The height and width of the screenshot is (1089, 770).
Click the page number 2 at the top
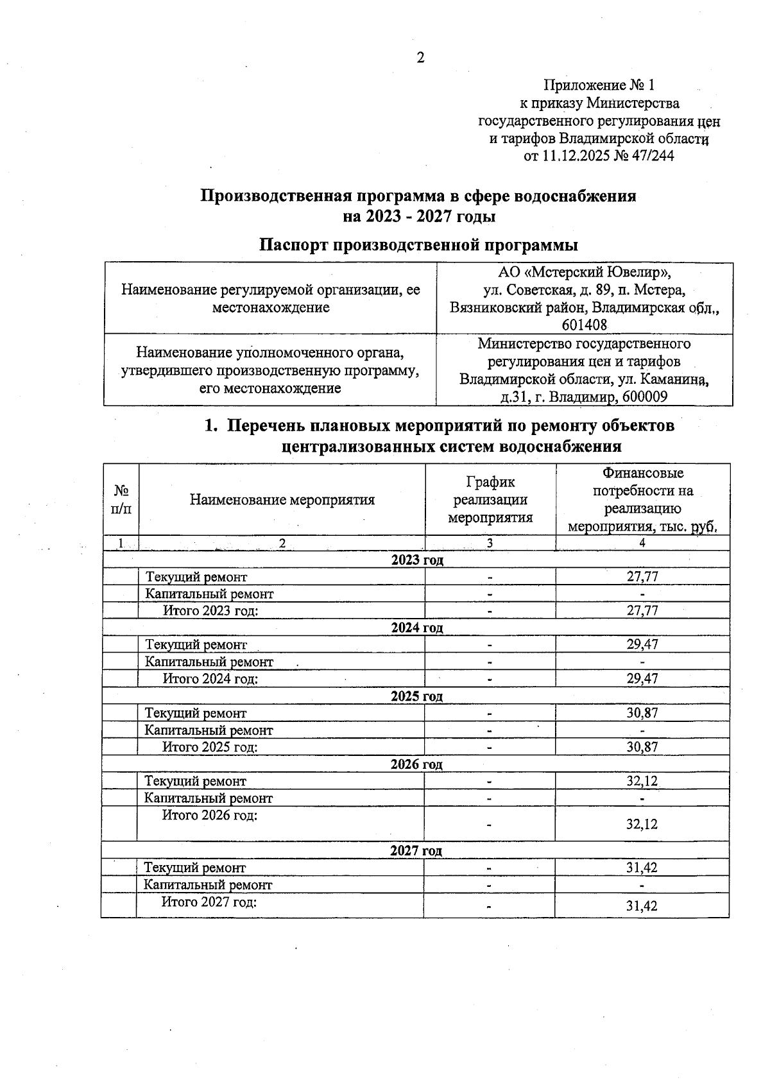(x=420, y=58)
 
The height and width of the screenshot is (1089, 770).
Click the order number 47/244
(x=654, y=156)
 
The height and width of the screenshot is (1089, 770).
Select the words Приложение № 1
(x=599, y=85)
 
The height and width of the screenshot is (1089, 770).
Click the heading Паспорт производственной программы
(x=419, y=245)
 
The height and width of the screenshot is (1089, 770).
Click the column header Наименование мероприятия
(x=282, y=500)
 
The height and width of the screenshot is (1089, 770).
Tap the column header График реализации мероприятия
(x=490, y=500)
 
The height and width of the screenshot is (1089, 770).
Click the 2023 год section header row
(x=417, y=560)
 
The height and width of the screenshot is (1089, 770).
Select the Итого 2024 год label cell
(x=210, y=679)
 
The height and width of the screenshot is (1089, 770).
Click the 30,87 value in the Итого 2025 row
(x=642, y=747)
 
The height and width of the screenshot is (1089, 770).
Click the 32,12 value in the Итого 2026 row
(x=642, y=824)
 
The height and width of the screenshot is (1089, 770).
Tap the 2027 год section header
(x=416, y=851)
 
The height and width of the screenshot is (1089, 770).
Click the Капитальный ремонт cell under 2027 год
(x=208, y=885)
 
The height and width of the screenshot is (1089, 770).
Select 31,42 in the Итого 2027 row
(x=642, y=905)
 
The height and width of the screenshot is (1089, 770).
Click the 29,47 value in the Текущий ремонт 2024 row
(x=642, y=644)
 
